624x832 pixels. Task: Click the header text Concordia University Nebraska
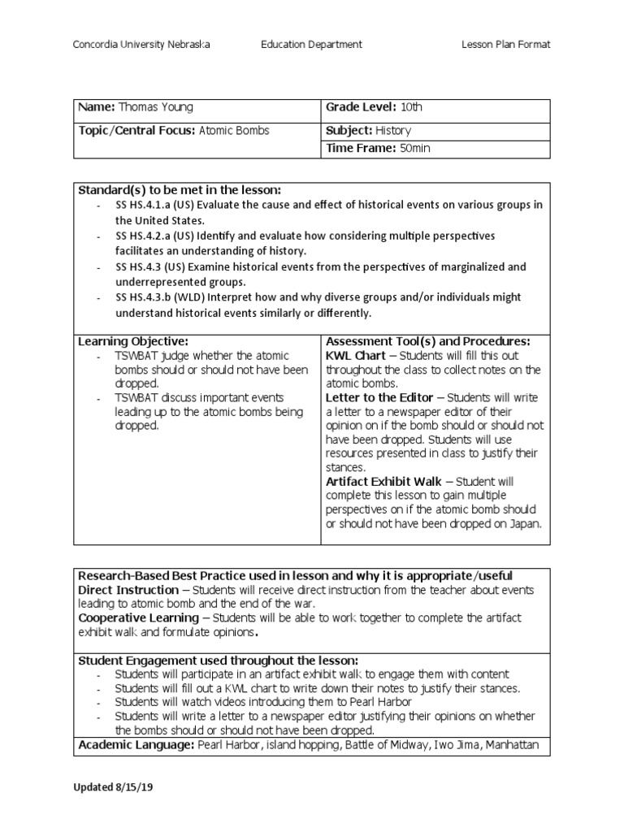coord(142,45)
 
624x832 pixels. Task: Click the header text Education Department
coord(312,45)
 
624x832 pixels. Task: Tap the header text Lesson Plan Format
coord(505,45)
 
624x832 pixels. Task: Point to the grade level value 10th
coord(411,107)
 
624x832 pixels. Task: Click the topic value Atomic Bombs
coord(235,130)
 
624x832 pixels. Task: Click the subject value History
coord(392,130)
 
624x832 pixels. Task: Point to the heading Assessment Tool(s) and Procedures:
coord(427,340)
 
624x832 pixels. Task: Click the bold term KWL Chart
coord(354,356)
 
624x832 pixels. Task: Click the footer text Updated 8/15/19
coord(114,788)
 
